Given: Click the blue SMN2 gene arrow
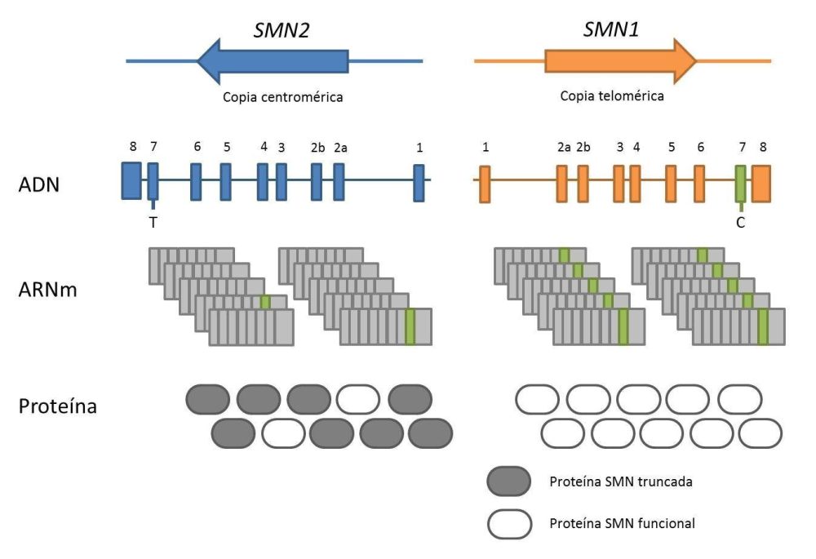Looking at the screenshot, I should [273, 60].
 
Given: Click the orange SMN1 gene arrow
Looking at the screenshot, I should [620, 60].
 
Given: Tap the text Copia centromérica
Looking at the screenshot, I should [282, 97].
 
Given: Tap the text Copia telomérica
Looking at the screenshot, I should [612, 95].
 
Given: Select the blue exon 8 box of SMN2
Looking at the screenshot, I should [131, 180].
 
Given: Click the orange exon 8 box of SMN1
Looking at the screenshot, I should [761, 182].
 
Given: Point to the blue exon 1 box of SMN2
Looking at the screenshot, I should [419, 182].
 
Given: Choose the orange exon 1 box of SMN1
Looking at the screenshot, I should [485, 183].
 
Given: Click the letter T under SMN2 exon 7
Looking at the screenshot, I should [153, 222].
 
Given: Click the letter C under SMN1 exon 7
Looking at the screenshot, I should [740, 222].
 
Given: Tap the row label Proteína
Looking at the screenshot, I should [57, 404].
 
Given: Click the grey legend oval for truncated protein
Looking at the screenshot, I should [509, 481].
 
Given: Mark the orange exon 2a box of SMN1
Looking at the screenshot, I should [562, 183].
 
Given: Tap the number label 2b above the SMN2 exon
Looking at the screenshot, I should [317, 148].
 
